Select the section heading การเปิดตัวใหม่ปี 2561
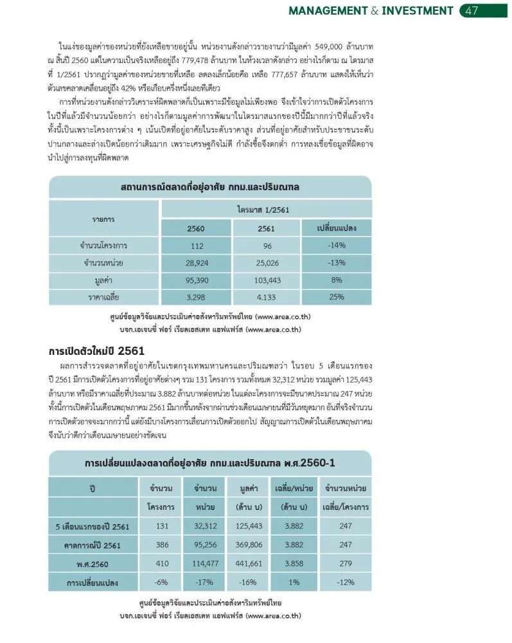coord(96,351)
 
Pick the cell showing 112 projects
coord(197,245)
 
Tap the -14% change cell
coord(337,245)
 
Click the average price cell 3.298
coord(197,297)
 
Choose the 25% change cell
coord(337,297)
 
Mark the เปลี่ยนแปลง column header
coord(337,228)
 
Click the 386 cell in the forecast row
coord(162,545)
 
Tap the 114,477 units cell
coord(205,563)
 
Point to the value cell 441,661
coord(248,563)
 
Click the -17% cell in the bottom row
coord(205,583)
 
